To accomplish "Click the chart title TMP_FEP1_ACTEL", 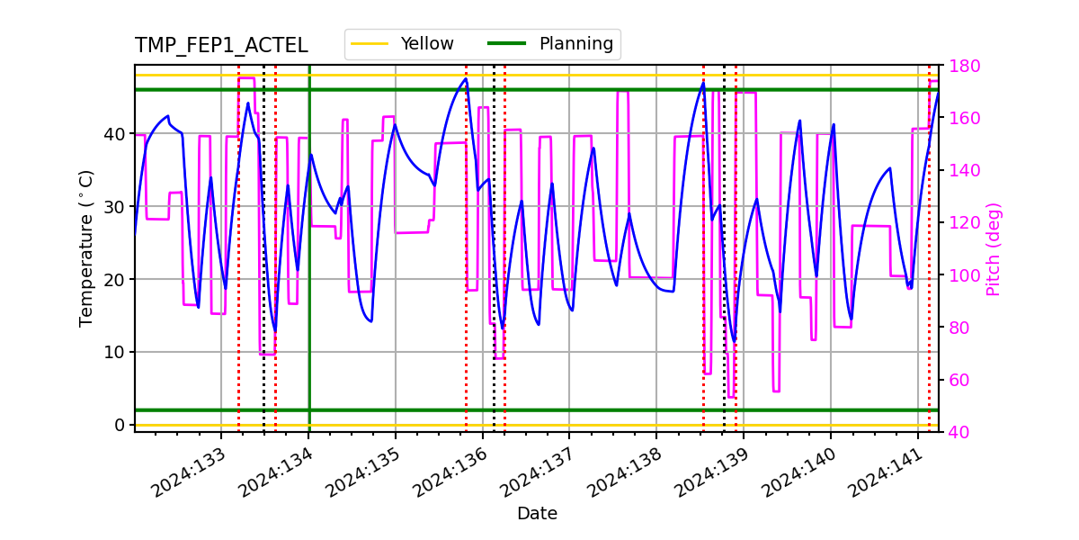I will pyautogui.click(x=221, y=46).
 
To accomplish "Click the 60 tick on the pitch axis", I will pyautogui.click(x=959, y=380).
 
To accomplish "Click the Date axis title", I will pyautogui.click(x=537, y=514).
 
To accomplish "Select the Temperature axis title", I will pyautogui.click(x=86, y=247).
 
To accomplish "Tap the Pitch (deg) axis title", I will pyautogui.click(x=994, y=248).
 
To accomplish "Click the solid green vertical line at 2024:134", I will pyautogui.click(x=309, y=270).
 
